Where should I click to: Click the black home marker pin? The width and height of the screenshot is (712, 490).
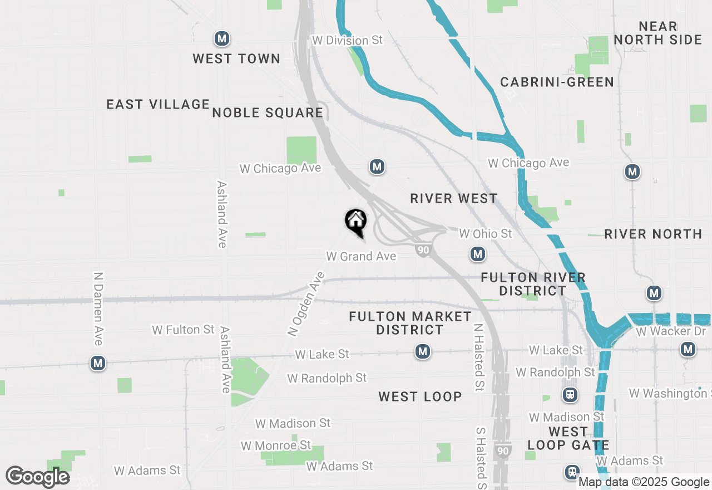tap(356, 220)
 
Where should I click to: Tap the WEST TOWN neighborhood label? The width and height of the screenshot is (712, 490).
tap(236, 58)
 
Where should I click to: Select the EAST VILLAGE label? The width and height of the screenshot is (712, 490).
tap(158, 104)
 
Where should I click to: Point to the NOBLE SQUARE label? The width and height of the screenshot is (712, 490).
tap(268, 112)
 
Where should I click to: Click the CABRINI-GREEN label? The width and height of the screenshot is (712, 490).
tap(557, 82)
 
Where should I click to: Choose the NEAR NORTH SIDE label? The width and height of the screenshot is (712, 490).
tap(658, 33)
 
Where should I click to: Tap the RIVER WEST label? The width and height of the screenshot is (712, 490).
tap(453, 199)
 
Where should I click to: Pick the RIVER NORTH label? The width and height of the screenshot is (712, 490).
tap(653, 234)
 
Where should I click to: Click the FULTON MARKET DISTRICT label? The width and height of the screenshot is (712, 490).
tap(411, 323)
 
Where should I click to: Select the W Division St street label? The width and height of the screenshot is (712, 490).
tap(348, 41)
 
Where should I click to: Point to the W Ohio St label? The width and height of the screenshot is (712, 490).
tap(485, 234)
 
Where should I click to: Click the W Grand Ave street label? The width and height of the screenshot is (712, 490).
tap(361, 256)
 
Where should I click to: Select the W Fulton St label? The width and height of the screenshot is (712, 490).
tap(183, 330)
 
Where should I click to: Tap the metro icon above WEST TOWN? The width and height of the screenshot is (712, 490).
tap(222, 39)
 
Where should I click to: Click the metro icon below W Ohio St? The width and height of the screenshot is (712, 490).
tap(477, 254)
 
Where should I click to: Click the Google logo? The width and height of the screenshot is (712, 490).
tap(38, 477)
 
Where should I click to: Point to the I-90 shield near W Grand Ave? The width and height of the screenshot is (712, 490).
tap(423, 250)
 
